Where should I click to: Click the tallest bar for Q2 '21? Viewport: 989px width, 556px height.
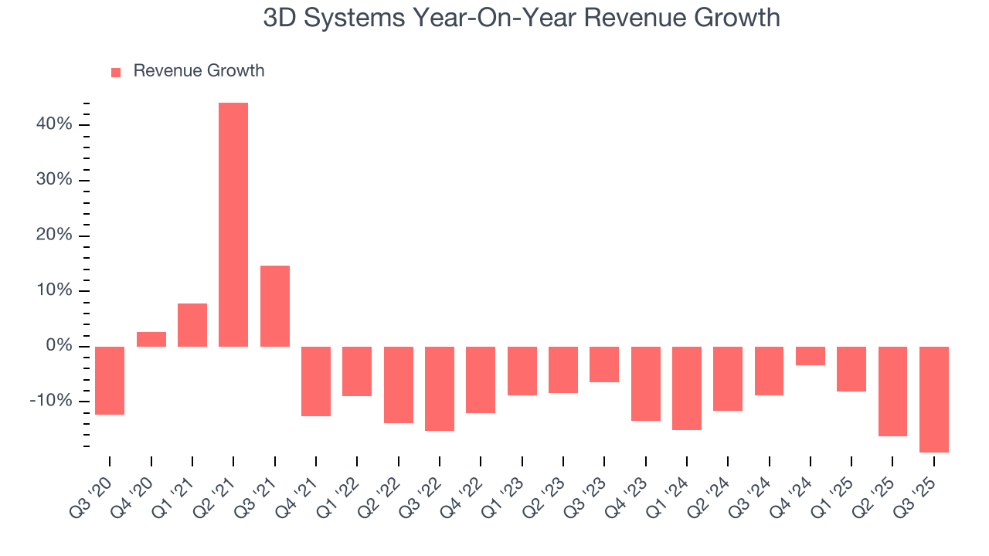pos(233,224)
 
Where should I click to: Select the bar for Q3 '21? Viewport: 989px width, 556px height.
pos(275,306)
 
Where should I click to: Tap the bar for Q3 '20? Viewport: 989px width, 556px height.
pos(110,381)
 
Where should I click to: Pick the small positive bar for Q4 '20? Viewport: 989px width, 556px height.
pos(151,339)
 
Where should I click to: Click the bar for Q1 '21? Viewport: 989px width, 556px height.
pos(192,325)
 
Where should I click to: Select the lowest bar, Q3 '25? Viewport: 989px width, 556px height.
pos(933,399)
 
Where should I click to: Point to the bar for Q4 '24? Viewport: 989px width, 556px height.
pos(810,356)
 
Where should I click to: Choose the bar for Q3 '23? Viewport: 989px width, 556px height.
pos(604,364)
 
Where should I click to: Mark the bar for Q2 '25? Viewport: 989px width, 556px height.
pos(892,392)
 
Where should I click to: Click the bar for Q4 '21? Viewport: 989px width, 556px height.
pos(316,381)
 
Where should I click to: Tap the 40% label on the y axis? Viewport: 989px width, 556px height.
pos(54,124)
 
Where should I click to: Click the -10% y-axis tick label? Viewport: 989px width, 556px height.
pos(51,401)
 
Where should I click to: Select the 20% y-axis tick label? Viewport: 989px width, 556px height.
pos(54,236)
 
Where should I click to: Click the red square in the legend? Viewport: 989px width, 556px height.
pos(116,72)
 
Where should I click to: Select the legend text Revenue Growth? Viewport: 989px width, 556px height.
pos(199,71)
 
